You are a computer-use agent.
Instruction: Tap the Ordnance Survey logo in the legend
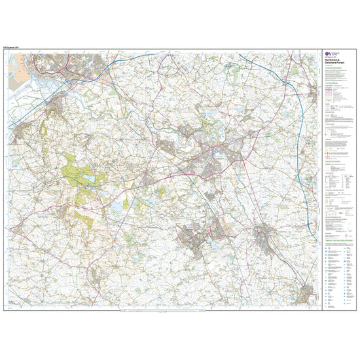pos(328,56)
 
